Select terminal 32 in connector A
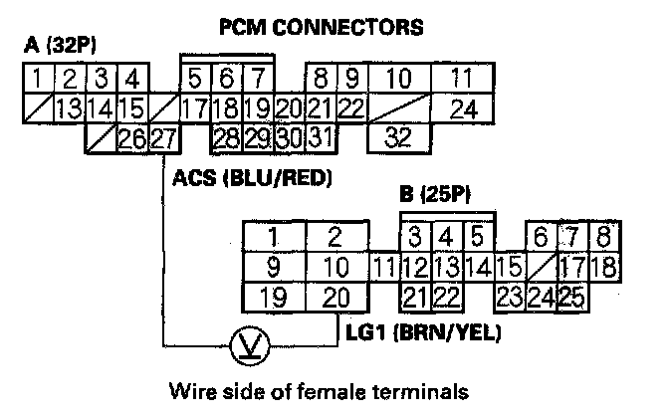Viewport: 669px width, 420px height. pos(398,137)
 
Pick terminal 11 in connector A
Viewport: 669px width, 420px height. pos(459,78)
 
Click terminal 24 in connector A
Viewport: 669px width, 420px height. pos(459,107)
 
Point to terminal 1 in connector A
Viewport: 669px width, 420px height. pos(36,78)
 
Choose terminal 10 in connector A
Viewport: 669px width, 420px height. pos(398,78)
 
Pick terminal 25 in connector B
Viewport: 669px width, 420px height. pos(570,297)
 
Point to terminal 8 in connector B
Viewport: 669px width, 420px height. pos(604,237)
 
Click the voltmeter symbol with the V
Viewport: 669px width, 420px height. pos(244,347)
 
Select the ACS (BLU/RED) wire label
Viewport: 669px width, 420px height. pos(252,179)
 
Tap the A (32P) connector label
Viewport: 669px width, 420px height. pos(60,46)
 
